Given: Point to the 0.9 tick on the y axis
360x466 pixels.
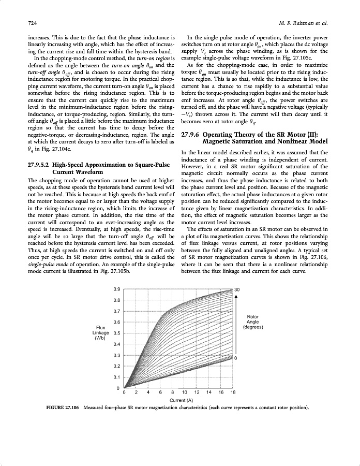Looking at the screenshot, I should pos(117,289).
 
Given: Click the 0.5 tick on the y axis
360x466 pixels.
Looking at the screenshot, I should pos(117,333).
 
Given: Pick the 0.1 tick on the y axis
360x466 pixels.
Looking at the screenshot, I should pos(117,377).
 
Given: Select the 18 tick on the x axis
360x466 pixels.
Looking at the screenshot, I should pos(233,393).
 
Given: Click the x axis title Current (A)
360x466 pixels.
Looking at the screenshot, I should pos(181,400).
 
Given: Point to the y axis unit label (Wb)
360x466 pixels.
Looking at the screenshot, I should pos(100,339).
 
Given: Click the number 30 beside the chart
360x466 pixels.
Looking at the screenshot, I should pos(237,289).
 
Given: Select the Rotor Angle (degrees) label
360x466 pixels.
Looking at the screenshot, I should pos(253,322).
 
